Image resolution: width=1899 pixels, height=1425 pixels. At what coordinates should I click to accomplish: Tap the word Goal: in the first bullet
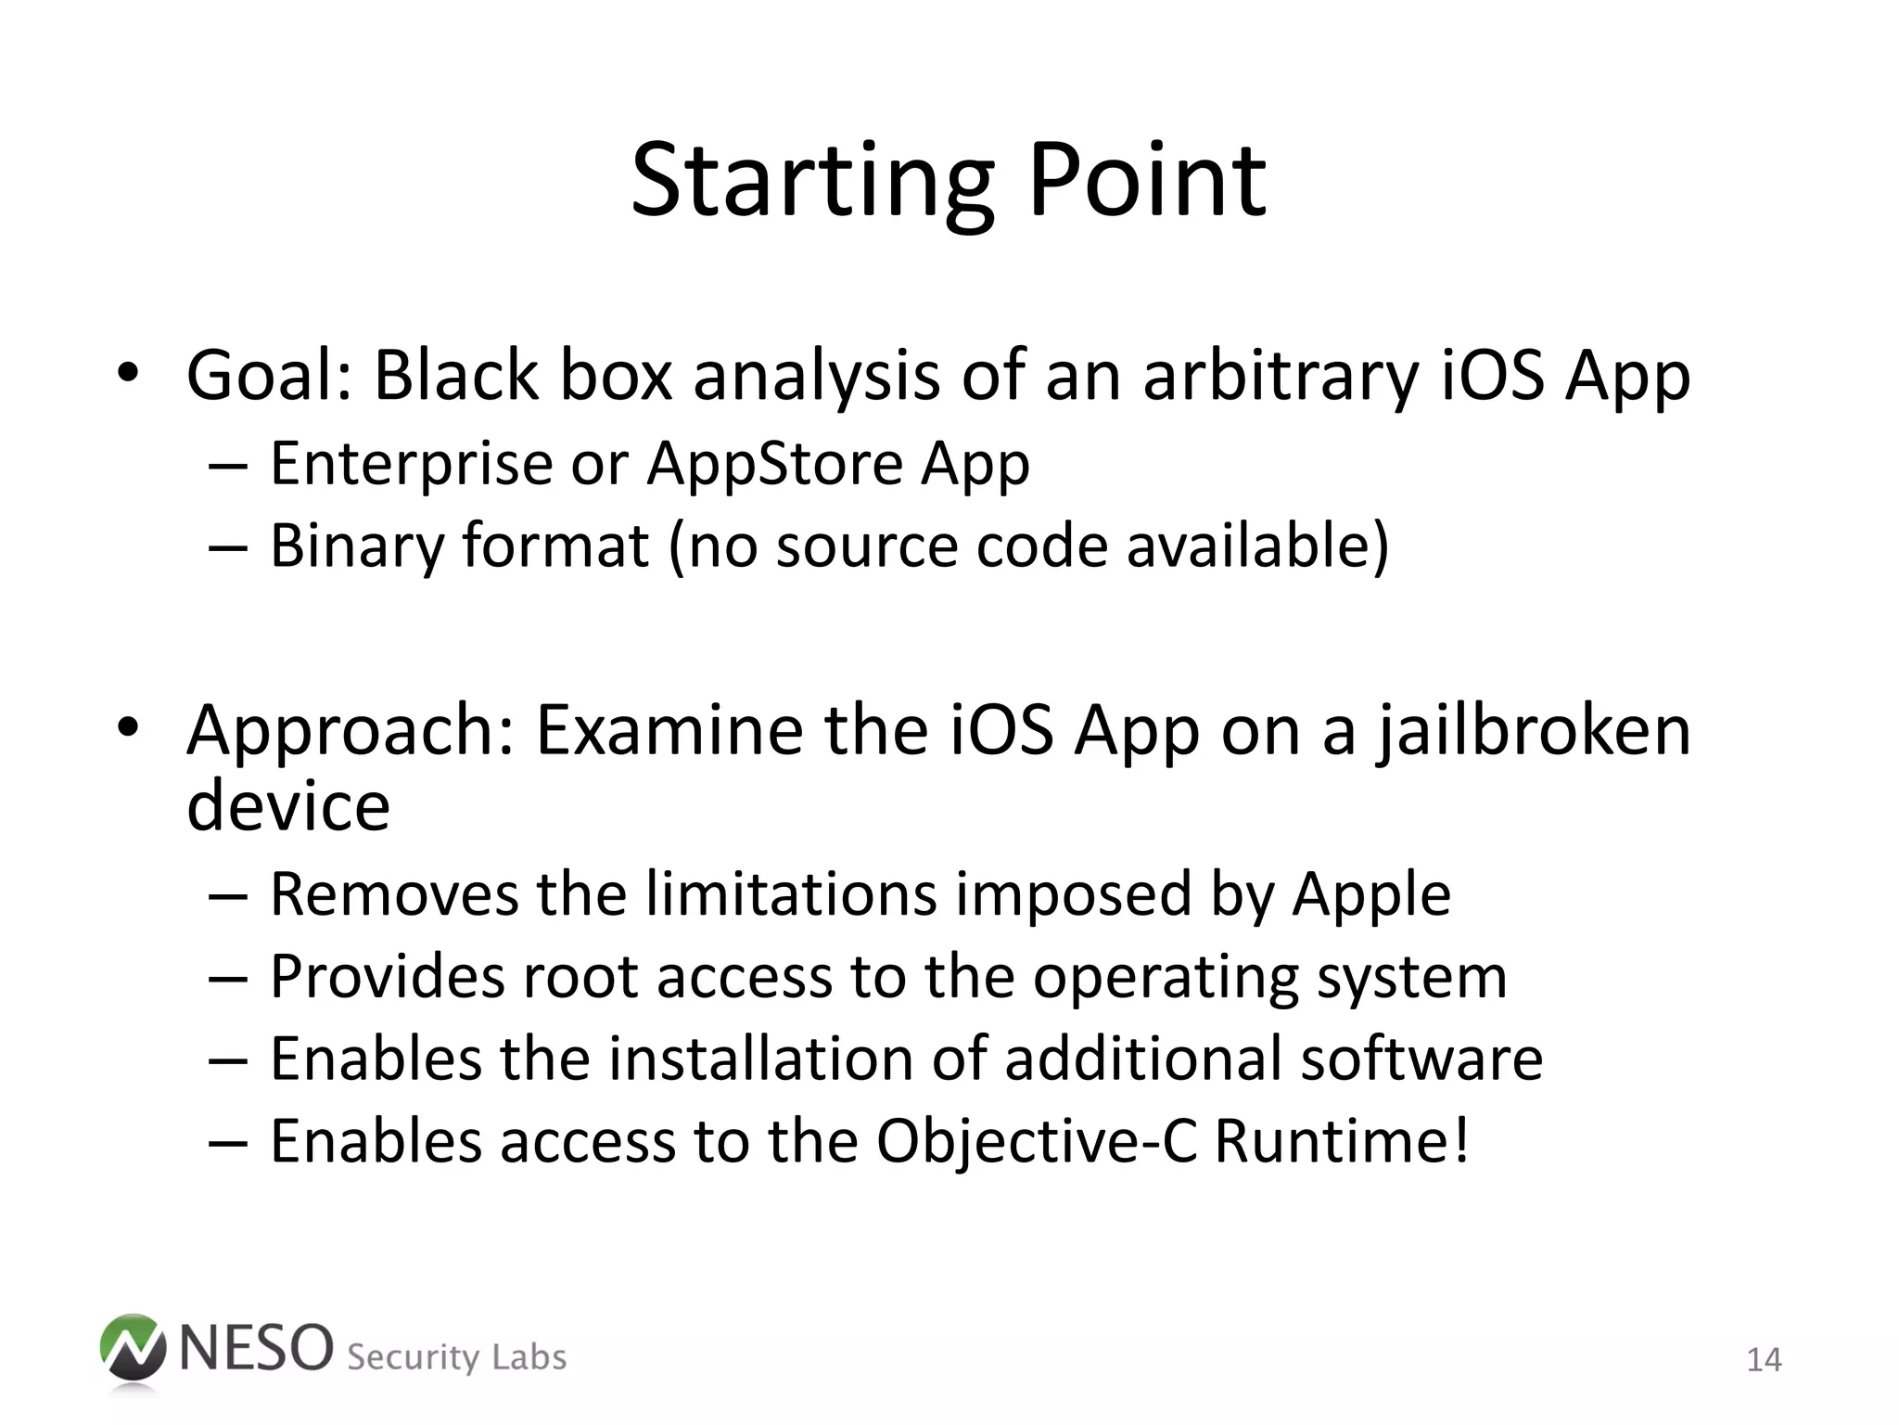pos(269,377)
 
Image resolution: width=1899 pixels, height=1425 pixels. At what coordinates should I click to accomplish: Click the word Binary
pos(357,546)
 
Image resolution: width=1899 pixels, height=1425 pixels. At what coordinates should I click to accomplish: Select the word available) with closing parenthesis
pos(1257,546)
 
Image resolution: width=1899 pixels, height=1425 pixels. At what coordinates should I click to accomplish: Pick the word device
pos(288,805)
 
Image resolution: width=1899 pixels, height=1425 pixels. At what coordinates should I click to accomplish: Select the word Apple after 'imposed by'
pos(1371,896)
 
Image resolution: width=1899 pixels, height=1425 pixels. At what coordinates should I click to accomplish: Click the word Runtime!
pos(1341,1141)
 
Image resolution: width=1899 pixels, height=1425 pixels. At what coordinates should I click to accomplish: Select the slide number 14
pos(1763,1360)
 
